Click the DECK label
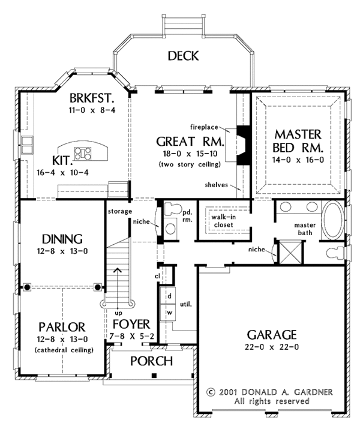pyautogui.click(x=183, y=56)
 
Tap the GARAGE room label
pyautogui.click(x=271, y=335)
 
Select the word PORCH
pyautogui.click(x=151, y=361)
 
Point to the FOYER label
pyautogui.click(x=131, y=324)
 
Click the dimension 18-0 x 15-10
pyautogui.click(x=190, y=154)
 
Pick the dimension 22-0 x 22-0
pyautogui.click(x=271, y=347)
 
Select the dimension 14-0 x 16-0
pyautogui.click(x=298, y=160)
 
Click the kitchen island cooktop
pyautogui.click(x=83, y=154)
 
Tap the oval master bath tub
pyautogui.click(x=333, y=220)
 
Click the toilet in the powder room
pyautogui.click(x=173, y=209)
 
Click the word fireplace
pyautogui.click(x=204, y=127)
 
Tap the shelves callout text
pyautogui.click(x=216, y=185)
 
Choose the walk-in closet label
pyautogui.click(x=223, y=221)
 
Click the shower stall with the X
pyautogui.click(x=290, y=253)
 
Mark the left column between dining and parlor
pyautogui.click(x=26, y=287)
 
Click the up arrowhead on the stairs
pyautogui.click(x=118, y=270)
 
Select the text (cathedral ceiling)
pyautogui.click(x=64, y=350)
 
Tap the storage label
pyautogui.click(x=120, y=211)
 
